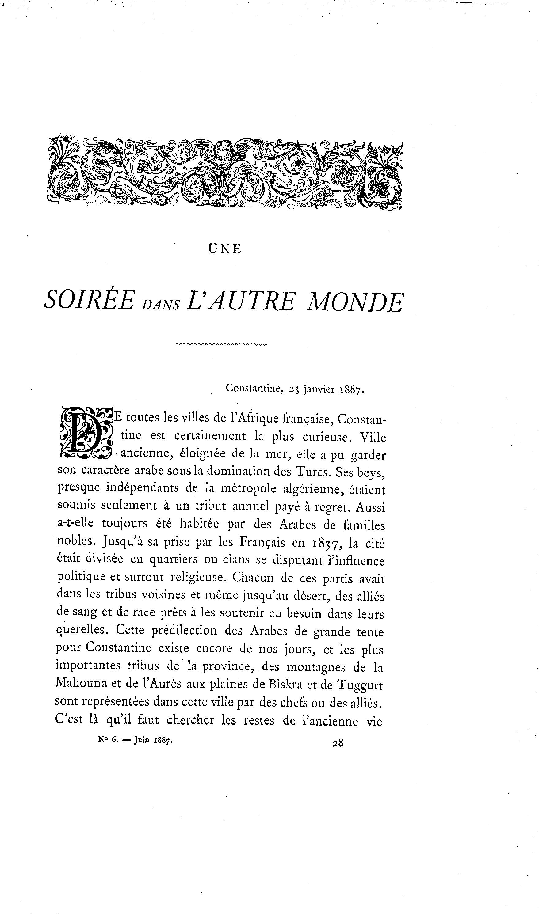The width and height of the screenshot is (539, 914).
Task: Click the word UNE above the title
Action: pyautogui.click(x=225, y=249)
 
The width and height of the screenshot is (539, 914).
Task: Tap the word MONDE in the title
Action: pyautogui.click(x=355, y=301)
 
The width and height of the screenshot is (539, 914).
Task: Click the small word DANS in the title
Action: pyautogui.click(x=160, y=305)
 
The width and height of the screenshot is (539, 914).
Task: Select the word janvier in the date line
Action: pyautogui.click(x=319, y=389)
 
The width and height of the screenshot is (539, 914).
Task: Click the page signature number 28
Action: pyautogui.click(x=338, y=743)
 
